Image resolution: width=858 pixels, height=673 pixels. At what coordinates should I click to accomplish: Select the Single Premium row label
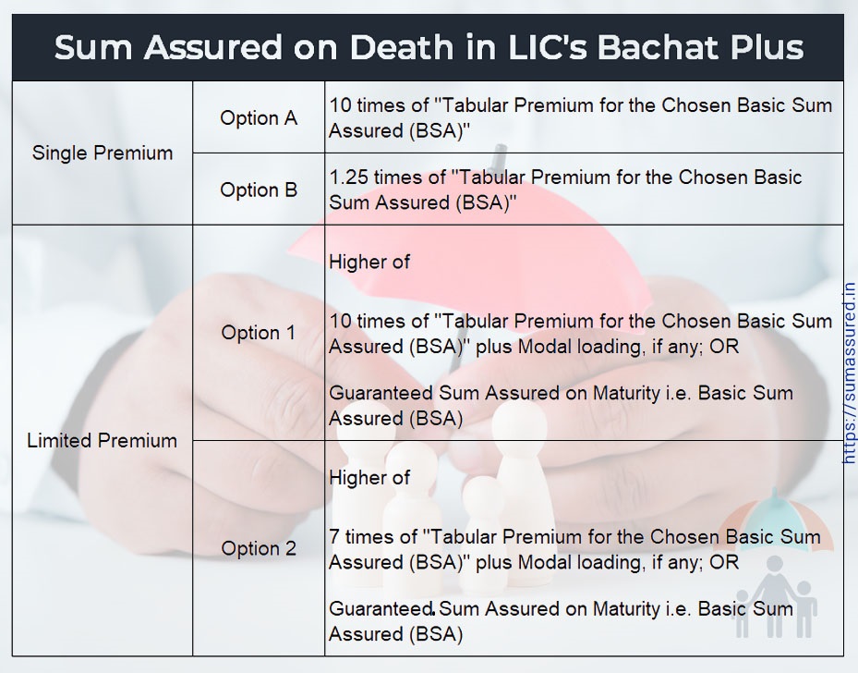(103, 153)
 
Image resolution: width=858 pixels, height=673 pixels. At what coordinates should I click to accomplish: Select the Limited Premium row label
(103, 440)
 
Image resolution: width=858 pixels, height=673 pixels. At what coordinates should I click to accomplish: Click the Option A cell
(259, 117)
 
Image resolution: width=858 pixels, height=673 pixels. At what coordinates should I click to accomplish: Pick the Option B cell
(259, 190)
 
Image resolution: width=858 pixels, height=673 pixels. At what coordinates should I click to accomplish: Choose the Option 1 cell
(259, 333)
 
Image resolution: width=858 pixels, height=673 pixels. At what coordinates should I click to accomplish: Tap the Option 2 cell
(259, 548)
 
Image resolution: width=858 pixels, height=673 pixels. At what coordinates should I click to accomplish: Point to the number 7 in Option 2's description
(334, 537)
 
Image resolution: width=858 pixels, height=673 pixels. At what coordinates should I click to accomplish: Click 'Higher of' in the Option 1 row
(369, 262)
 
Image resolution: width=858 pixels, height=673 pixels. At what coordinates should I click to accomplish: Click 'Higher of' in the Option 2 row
(369, 478)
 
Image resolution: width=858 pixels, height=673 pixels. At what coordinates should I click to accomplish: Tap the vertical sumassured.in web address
(849, 373)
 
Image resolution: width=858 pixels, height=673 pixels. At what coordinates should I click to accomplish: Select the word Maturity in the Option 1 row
(626, 393)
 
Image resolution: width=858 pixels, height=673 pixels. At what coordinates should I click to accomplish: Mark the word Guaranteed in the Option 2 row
(381, 609)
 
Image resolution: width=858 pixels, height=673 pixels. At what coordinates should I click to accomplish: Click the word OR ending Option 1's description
(724, 347)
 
